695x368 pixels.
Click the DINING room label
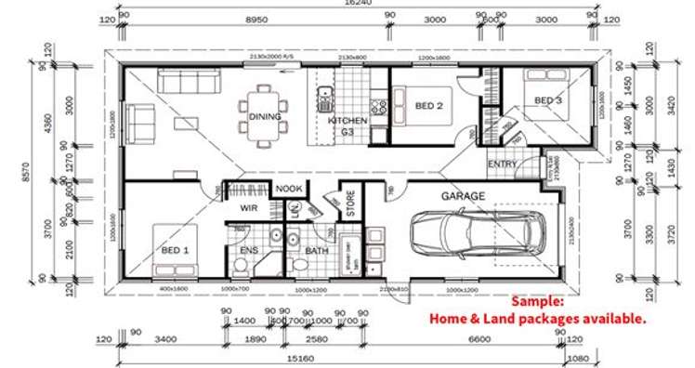[265, 116]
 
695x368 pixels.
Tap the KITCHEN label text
[347, 121]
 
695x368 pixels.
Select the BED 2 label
[427, 106]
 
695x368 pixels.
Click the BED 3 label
[548, 99]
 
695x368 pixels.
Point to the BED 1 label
[175, 250]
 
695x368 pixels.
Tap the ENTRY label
[503, 164]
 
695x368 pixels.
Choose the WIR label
[248, 208]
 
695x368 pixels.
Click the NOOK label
[289, 189]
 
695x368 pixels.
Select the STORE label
[351, 204]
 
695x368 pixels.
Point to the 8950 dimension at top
[244, 18]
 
